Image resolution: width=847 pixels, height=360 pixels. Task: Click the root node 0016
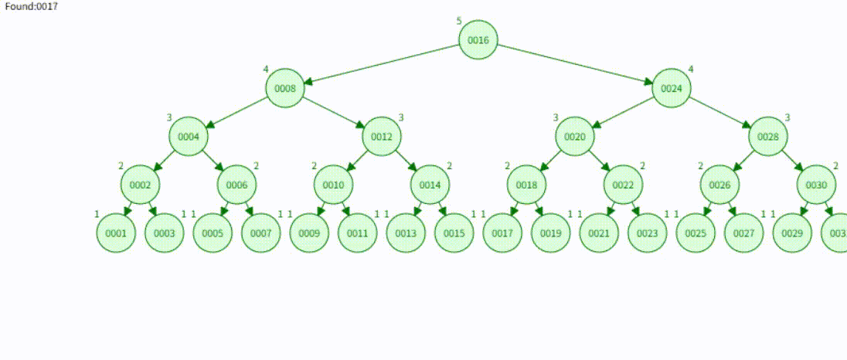click(x=478, y=40)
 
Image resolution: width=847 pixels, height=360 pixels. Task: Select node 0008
click(x=285, y=88)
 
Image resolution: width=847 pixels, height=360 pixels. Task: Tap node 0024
click(x=672, y=88)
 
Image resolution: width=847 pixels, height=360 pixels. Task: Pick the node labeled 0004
click(x=189, y=137)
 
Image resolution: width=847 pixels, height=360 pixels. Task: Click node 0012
click(x=382, y=137)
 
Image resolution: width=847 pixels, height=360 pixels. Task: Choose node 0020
click(x=575, y=137)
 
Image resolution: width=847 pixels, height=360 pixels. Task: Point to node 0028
click(x=768, y=137)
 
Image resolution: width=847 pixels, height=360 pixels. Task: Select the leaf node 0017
click(x=502, y=233)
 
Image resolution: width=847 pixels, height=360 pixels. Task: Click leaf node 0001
click(x=116, y=233)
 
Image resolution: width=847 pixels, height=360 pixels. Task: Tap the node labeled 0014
click(x=430, y=185)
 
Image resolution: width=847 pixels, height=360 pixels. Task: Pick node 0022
click(x=624, y=185)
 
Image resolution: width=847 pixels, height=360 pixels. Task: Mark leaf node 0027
click(x=744, y=233)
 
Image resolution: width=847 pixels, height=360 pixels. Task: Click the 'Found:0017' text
click(x=31, y=6)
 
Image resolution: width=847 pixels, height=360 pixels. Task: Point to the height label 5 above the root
click(x=459, y=21)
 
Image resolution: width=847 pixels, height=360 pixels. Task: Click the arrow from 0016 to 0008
click(x=382, y=64)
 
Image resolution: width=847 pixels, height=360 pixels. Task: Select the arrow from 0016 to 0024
click(x=575, y=64)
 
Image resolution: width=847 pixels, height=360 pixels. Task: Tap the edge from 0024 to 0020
click(x=623, y=113)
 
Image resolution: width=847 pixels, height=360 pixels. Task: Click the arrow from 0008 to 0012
click(x=334, y=113)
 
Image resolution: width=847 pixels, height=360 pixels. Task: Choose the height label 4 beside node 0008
click(x=266, y=70)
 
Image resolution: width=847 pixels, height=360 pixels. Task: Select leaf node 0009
click(x=309, y=233)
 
